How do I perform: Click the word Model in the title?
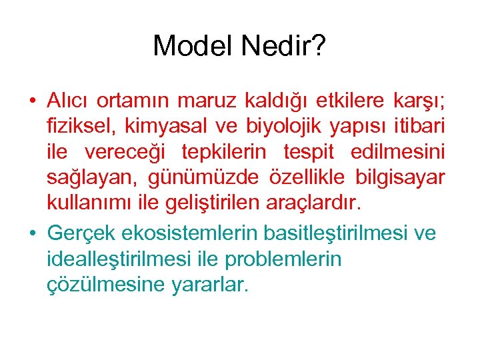pyautogui.click(x=191, y=46)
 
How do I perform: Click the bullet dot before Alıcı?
pyautogui.click(x=32, y=101)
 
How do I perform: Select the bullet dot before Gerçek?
pyautogui.click(x=32, y=233)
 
